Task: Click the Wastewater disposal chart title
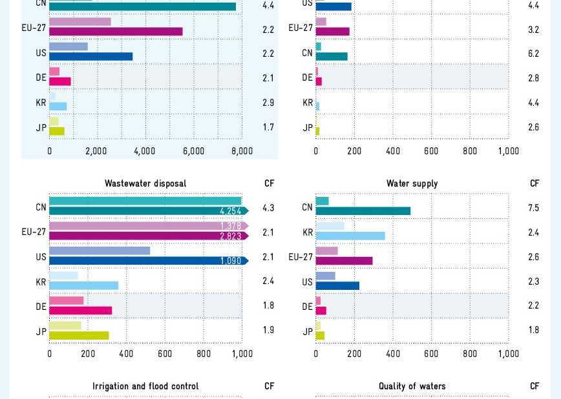coord(145,183)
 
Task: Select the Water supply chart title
coord(412,183)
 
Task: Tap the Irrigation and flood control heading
coord(145,386)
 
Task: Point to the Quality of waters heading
coord(412,386)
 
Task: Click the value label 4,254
coord(230,211)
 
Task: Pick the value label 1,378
coord(230,226)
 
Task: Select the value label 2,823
coord(230,236)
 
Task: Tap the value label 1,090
coord(230,261)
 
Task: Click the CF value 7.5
coord(533,208)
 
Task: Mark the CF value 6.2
coord(533,54)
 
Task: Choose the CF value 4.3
coord(268,208)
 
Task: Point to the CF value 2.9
coord(268,103)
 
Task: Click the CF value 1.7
coord(268,127)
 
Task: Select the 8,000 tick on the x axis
coord(242,151)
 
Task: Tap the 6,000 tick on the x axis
coord(193,151)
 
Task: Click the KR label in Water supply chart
coord(307,232)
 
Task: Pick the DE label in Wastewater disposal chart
coord(41,307)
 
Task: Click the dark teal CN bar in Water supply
coord(363,211)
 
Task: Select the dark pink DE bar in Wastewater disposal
coord(81,311)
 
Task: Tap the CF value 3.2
coord(533,30)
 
